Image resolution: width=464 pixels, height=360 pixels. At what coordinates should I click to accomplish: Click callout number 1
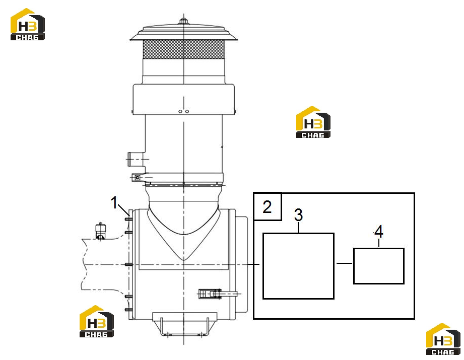(114, 202)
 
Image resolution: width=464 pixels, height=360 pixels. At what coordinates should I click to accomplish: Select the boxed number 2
(267, 207)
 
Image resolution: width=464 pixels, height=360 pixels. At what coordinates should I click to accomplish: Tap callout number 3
(298, 215)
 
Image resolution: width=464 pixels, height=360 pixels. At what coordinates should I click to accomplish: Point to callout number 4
(378, 232)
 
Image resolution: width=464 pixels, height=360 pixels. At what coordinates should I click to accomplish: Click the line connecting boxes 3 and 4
(344, 263)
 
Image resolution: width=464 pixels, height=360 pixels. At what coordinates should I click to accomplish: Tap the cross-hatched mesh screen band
(183, 49)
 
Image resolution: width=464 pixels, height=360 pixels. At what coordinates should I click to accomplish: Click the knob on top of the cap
(183, 21)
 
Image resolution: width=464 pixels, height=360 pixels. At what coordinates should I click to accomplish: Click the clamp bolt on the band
(138, 178)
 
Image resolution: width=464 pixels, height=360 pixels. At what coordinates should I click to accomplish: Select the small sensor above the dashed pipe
(101, 231)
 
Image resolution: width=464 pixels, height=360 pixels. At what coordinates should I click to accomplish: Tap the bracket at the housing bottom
(185, 324)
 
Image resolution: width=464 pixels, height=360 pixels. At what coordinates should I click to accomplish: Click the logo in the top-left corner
(28, 24)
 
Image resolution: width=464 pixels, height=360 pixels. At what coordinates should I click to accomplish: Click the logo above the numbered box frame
(313, 122)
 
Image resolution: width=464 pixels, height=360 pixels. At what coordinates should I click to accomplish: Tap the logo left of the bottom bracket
(96, 321)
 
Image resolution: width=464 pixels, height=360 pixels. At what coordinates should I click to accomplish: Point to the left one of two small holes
(180, 111)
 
